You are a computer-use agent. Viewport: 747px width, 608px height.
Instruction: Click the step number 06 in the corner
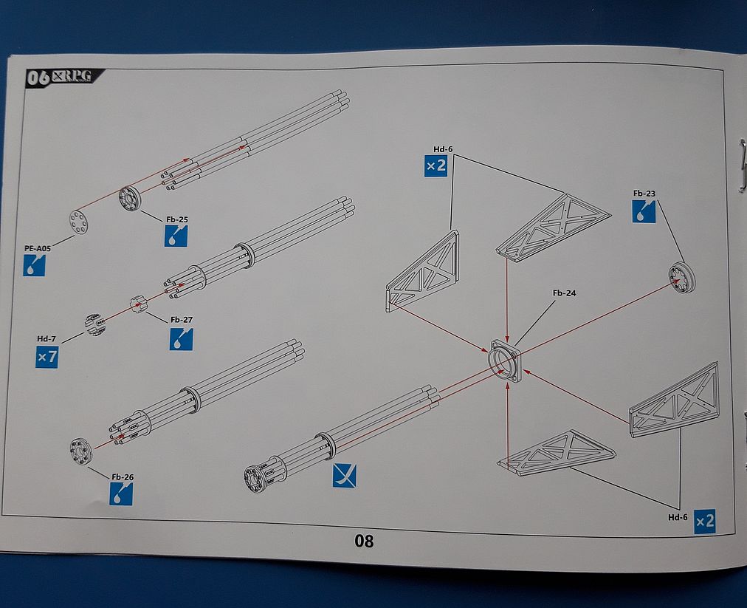[x=38, y=76]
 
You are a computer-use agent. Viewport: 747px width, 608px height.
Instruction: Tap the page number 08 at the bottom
[x=364, y=541]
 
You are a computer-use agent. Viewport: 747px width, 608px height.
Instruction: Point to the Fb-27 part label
[x=182, y=319]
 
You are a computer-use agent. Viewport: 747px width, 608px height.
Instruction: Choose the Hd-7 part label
[x=47, y=339]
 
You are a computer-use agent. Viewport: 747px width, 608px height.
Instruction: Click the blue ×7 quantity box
[x=47, y=358]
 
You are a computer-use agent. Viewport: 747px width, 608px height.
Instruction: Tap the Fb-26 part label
[x=123, y=477]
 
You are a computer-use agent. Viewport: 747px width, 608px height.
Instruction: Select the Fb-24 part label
[x=564, y=293]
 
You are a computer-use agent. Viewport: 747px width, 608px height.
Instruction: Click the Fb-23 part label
[x=644, y=194]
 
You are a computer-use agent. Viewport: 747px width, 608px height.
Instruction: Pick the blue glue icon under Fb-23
[x=644, y=213]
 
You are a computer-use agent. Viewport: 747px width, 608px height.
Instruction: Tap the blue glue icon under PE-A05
[x=34, y=265]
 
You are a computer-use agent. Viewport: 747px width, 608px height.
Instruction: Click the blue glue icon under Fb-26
[x=121, y=494]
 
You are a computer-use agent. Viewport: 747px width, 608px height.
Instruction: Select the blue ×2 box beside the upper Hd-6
[x=436, y=165]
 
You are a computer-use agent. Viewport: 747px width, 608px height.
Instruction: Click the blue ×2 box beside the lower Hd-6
[x=705, y=521]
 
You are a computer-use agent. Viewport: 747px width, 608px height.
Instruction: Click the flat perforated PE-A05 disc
[x=79, y=221]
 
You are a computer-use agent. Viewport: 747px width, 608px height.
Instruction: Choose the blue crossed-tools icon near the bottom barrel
[x=344, y=476]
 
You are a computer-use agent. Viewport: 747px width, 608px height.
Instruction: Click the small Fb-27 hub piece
[x=137, y=304]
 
